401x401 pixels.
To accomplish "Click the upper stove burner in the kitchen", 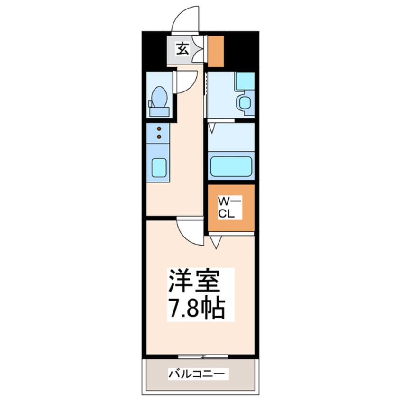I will click(159, 128).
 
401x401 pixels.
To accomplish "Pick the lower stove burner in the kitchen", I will click(159, 137).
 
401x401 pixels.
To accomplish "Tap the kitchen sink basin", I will click(159, 167).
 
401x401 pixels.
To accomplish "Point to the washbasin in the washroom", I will click(245, 102).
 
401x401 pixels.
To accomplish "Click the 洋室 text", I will click(194, 283).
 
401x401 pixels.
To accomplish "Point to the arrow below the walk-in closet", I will click(216, 243).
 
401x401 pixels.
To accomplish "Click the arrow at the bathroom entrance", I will click(211, 127).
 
